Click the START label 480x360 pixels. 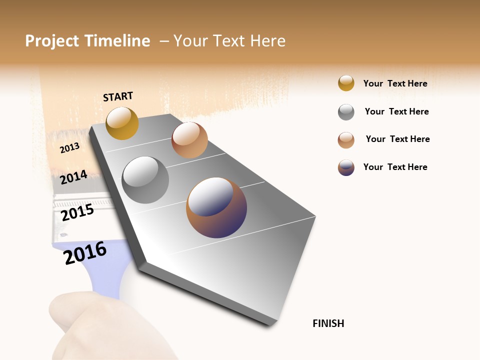click(118, 96)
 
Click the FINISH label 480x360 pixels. click(328, 323)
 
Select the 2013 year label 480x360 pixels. click(69, 147)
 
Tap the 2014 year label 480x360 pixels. click(73, 177)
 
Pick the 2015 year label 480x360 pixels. click(77, 212)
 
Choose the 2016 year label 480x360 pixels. click(85, 253)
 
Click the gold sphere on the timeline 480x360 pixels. click(122, 123)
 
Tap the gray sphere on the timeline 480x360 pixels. click(145, 180)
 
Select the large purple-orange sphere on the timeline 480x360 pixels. click(216, 207)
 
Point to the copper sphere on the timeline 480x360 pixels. click(189, 140)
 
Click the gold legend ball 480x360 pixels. click(346, 83)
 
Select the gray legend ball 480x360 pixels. click(346, 112)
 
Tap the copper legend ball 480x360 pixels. click(346, 140)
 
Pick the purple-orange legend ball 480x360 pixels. click(346, 167)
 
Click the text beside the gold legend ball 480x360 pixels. click(395, 83)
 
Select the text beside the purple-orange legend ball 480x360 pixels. click(395, 167)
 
